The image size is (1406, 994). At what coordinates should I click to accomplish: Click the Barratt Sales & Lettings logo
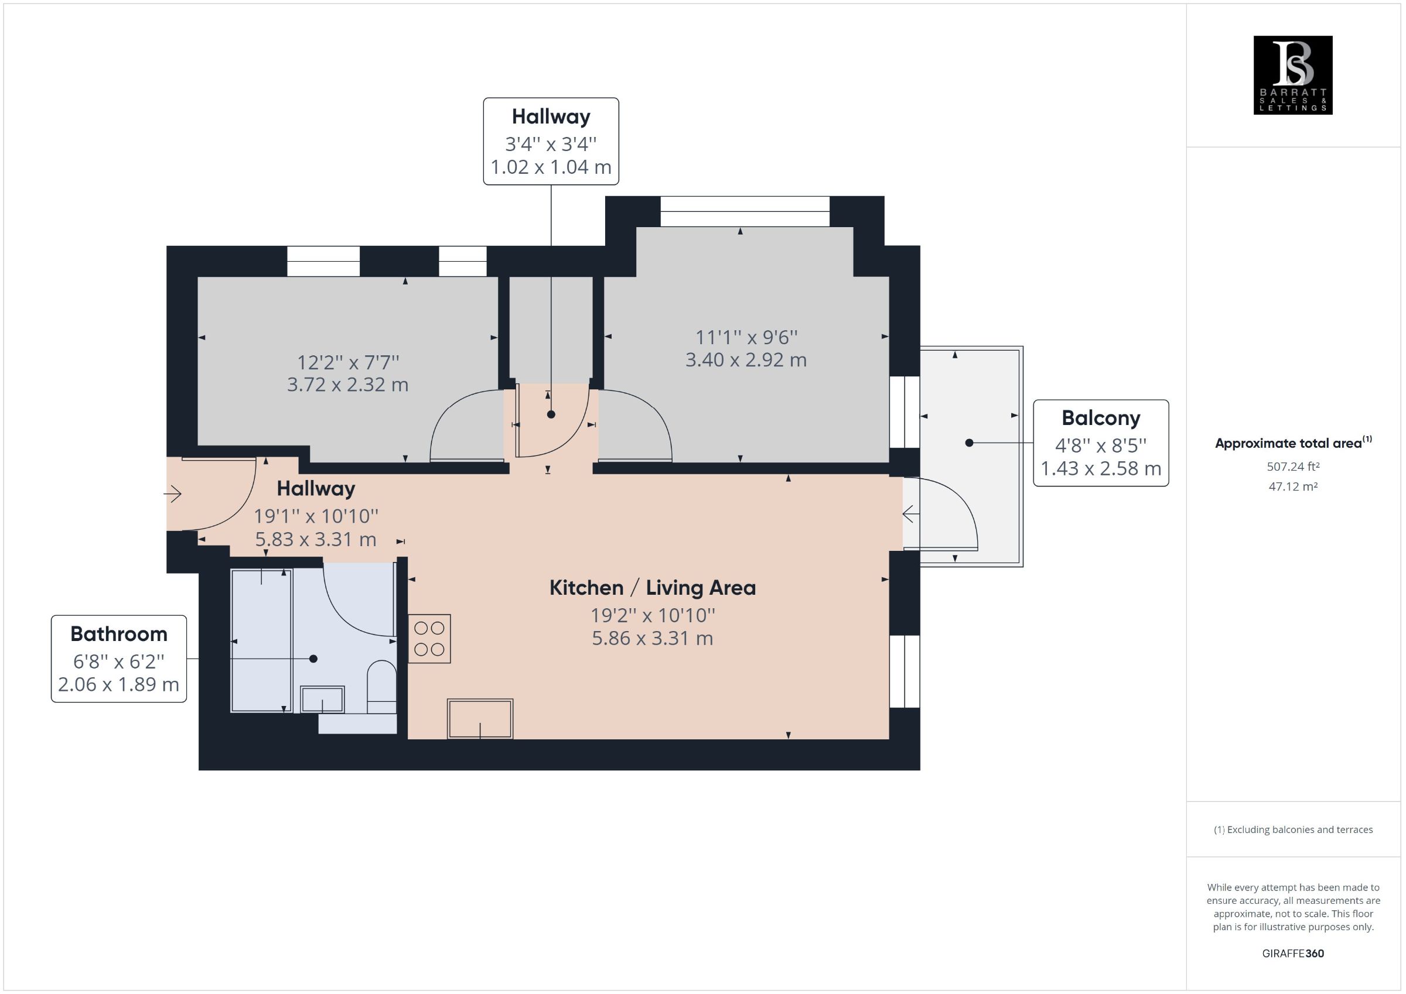1293,75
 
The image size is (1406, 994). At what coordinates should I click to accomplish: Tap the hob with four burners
429,639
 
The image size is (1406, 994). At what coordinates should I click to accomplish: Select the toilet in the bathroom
381,687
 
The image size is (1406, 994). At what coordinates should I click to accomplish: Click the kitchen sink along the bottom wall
480,718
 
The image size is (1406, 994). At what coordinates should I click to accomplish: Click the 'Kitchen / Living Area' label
652,588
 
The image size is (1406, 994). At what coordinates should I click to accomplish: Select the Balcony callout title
1100,418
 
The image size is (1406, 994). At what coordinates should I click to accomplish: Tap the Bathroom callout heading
119,633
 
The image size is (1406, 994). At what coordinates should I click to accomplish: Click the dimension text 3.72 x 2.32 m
347,385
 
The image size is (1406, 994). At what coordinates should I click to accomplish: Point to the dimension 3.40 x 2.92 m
746,359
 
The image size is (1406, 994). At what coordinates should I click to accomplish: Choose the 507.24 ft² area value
1293,467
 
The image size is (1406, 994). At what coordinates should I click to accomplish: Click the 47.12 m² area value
1293,486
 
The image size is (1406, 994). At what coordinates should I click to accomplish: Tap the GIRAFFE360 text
1293,953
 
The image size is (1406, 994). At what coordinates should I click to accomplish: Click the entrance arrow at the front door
173,493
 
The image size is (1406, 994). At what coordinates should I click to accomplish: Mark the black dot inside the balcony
969,443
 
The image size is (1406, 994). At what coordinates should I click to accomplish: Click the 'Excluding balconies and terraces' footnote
1293,830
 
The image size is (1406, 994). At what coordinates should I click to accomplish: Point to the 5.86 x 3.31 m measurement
652,639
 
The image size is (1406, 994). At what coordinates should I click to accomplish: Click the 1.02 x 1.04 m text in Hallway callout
551,166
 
